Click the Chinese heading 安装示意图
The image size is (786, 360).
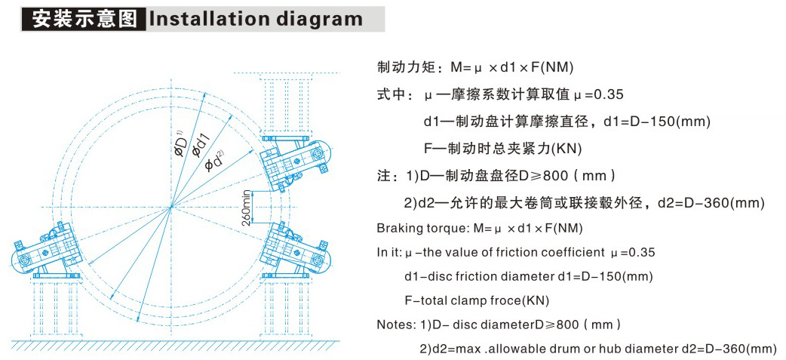[84, 18]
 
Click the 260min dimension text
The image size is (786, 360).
[246, 207]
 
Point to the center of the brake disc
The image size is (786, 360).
[172, 206]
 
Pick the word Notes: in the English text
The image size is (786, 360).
[395, 325]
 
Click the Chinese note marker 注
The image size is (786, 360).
[383, 176]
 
